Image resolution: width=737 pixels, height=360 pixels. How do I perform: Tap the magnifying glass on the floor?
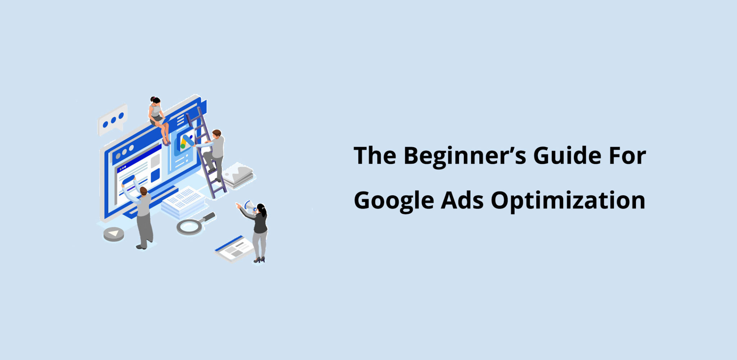point(191,226)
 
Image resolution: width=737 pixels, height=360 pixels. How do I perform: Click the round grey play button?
point(114,234)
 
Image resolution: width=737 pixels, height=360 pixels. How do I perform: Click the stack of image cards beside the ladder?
point(238,176)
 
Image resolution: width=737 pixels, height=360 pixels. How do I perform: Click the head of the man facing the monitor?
point(143,191)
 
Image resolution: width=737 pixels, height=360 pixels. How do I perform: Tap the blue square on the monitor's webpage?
point(155,175)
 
